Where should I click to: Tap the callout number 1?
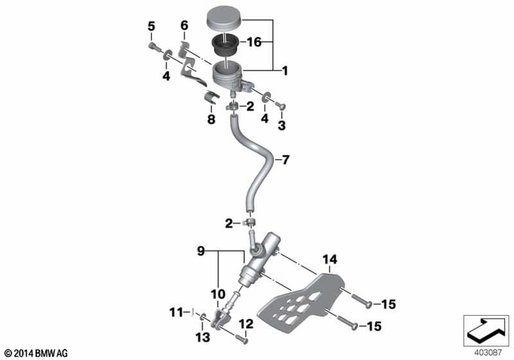click(284, 70)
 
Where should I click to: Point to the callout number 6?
click(184, 27)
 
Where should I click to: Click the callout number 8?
click(212, 120)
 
